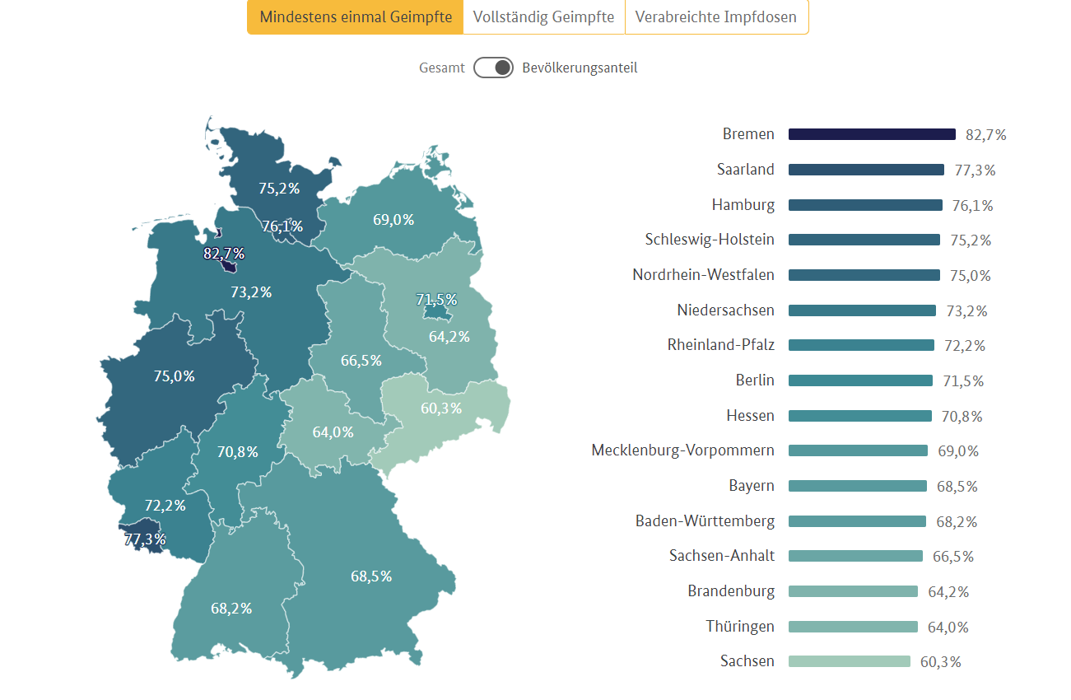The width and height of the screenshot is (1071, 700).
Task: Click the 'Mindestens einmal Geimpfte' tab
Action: click(x=356, y=17)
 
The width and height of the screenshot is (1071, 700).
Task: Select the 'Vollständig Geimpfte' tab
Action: click(x=543, y=17)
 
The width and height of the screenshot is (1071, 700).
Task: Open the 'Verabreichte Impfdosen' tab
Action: click(x=715, y=17)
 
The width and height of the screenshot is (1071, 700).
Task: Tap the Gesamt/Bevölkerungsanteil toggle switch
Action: click(x=493, y=68)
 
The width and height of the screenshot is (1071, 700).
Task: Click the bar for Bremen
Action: click(x=872, y=134)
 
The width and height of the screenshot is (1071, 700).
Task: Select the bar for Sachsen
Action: click(x=849, y=661)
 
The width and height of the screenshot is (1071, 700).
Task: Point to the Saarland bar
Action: click(x=866, y=170)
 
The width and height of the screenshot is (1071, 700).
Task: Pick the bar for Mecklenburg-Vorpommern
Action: click(x=858, y=450)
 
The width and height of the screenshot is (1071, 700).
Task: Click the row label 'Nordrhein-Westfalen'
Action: click(x=703, y=275)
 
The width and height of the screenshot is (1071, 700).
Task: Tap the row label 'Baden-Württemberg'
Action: click(x=705, y=521)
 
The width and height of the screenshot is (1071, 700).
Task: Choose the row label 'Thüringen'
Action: click(x=740, y=627)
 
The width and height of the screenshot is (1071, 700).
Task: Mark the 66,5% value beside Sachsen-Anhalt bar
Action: click(x=953, y=557)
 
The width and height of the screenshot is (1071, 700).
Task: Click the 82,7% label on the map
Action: click(x=224, y=254)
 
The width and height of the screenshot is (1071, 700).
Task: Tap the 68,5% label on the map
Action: click(x=371, y=576)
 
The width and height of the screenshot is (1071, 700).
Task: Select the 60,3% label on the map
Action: click(x=441, y=408)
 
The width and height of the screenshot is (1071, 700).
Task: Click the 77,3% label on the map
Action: click(x=146, y=540)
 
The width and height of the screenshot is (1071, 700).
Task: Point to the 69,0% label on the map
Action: click(x=393, y=220)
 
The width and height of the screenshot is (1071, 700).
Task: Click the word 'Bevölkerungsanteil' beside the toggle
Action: click(x=580, y=68)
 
